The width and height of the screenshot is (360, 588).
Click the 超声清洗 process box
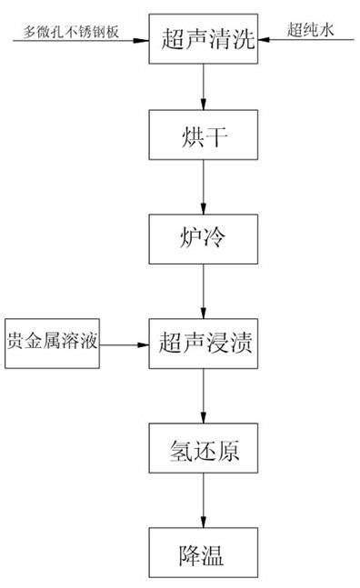click(203, 39)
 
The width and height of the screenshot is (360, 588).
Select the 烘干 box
click(203, 139)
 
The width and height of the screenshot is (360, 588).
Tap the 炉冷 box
click(203, 240)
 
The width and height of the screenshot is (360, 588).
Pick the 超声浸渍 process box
click(203, 343)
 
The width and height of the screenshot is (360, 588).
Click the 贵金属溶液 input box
click(52, 344)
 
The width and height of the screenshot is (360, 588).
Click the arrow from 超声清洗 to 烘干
click(203, 89)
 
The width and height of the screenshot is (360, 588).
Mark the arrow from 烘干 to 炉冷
click(203, 189)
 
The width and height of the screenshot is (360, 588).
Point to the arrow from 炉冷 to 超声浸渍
click(203, 291)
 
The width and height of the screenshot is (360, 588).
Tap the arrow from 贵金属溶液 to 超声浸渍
click(125, 344)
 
